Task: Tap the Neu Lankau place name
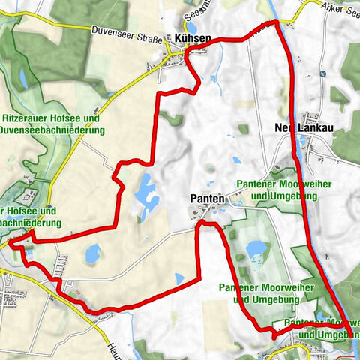point(310,128)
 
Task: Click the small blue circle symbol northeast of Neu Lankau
point(322,74)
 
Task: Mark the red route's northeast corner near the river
point(277,23)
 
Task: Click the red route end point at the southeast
point(349,334)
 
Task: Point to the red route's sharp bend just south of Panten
point(199,223)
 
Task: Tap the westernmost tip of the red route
point(10,242)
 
